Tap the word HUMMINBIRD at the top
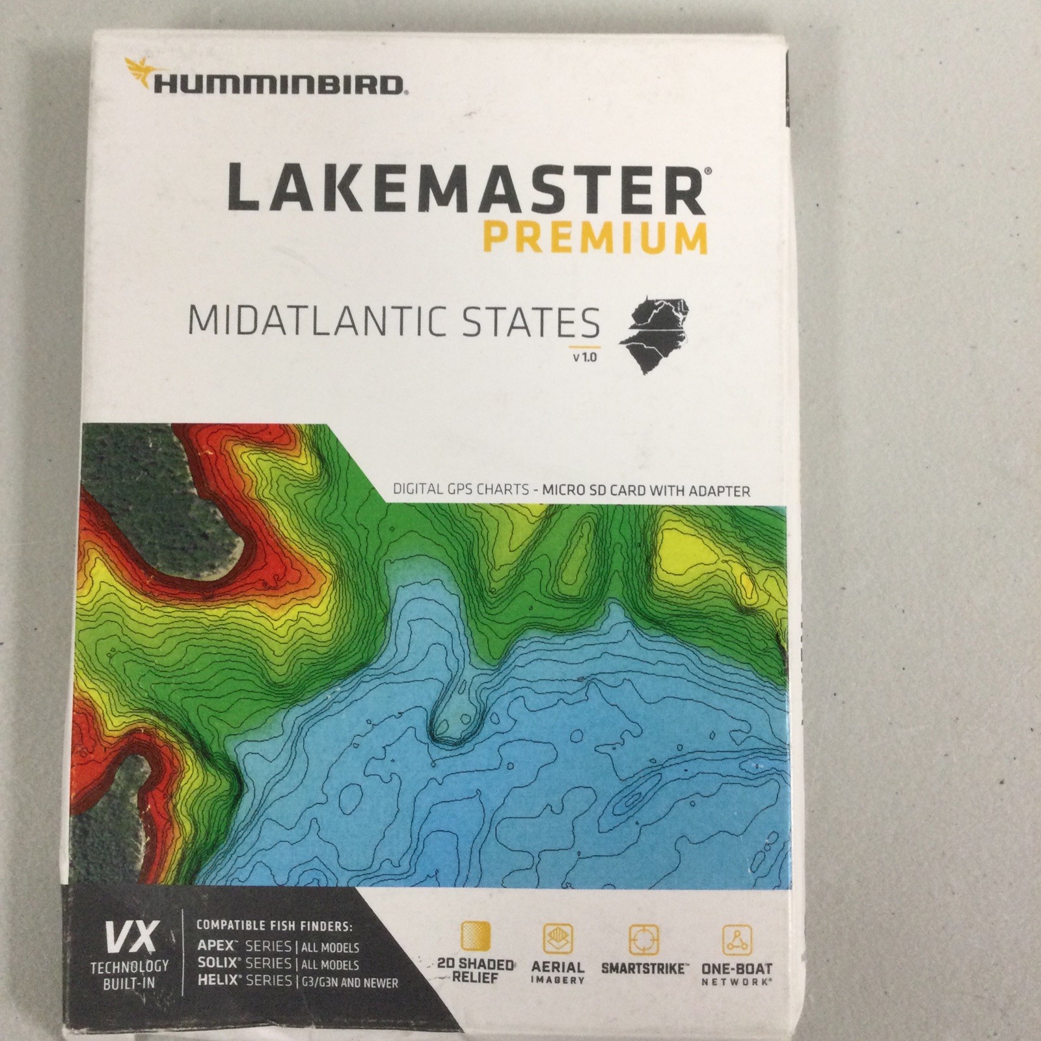278,84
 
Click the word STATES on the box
530,322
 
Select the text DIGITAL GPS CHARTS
461,489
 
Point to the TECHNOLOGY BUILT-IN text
129,974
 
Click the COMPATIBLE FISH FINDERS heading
274,924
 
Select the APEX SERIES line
278,947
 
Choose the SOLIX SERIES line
278,964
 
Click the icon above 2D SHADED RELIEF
476,937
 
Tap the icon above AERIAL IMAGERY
558,938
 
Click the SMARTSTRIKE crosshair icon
643,940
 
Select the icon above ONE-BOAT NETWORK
737,940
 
